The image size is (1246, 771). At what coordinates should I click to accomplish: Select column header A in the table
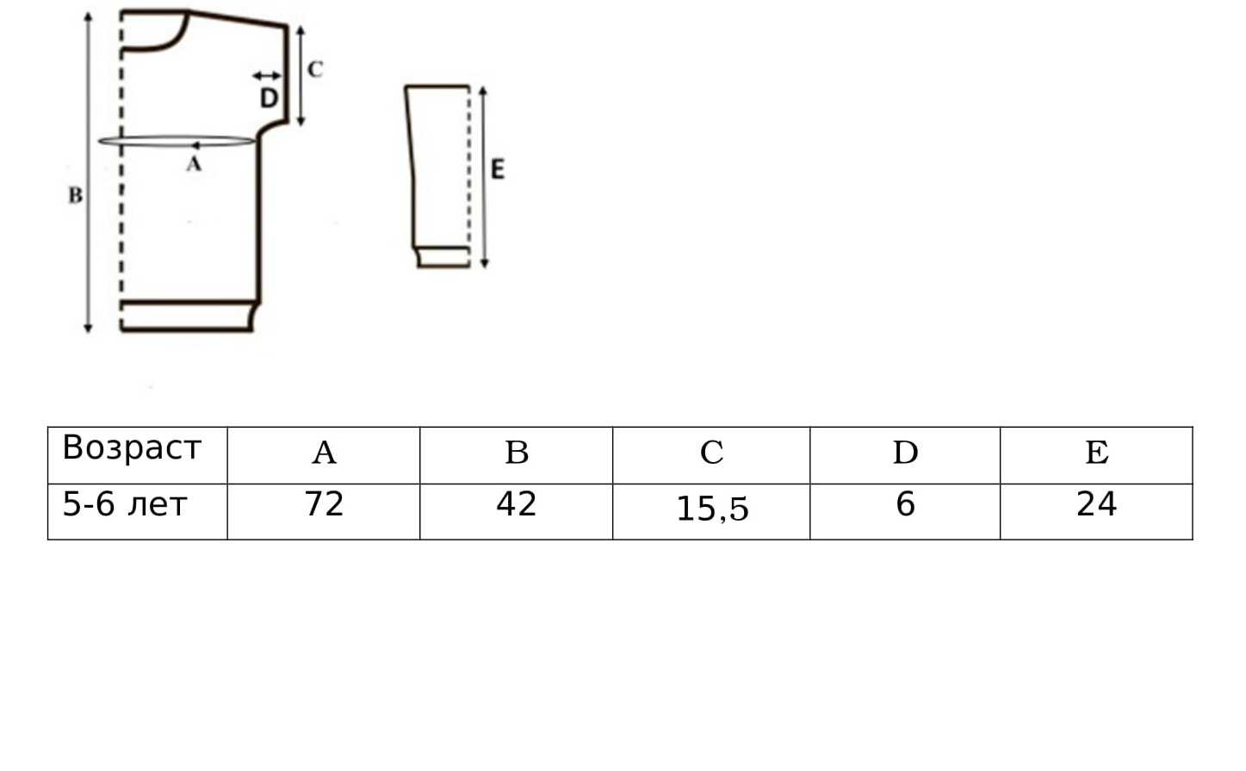(325, 453)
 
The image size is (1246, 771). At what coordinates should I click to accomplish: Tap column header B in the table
(517, 453)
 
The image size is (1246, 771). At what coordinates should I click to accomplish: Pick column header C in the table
(711, 453)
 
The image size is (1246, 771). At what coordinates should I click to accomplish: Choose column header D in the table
(906, 453)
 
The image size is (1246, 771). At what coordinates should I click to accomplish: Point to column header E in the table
(1097, 453)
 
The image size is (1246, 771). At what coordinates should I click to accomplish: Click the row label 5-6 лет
(125, 505)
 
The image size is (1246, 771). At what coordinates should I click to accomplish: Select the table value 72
(325, 504)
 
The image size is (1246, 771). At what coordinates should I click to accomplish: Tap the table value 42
(517, 504)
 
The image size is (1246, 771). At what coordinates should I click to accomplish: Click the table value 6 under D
(906, 504)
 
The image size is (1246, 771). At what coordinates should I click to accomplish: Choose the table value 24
(1097, 504)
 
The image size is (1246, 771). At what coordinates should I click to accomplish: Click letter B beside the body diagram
(76, 195)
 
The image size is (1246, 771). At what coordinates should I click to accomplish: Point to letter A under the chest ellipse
(194, 164)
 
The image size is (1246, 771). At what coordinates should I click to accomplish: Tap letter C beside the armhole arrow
(315, 70)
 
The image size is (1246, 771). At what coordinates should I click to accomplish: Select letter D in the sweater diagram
(270, 98)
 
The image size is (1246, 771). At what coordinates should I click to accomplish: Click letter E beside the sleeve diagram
(498, 169)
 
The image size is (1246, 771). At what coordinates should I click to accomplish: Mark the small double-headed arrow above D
(267, 76)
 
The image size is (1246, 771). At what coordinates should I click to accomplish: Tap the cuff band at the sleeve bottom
(443, 257)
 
